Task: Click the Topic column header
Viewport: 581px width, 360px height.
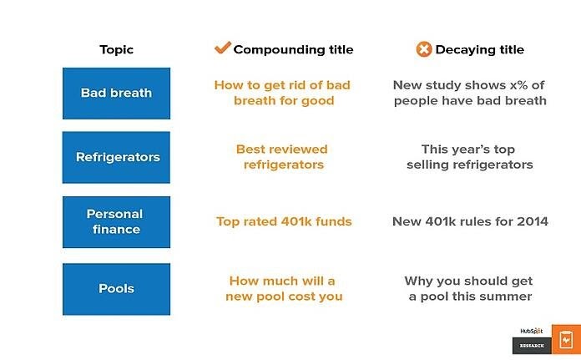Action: click(116, 49)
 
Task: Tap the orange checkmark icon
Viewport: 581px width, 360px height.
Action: click(222, 48)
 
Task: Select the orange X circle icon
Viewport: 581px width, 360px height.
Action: click(424, 49)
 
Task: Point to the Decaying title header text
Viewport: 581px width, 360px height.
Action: click(479, 49)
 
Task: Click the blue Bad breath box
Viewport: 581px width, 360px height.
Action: click(116, 93)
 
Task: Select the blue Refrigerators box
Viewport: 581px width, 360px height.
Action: click(116, 157)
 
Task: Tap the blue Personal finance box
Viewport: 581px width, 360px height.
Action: click(116, 221)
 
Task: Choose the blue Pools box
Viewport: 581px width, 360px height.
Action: click(116, 289)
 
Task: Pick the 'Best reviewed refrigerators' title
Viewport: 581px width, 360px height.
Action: click(282, 157)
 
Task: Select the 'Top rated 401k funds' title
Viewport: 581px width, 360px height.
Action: click(283, 221)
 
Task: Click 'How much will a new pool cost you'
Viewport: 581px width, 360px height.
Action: click(285, 289)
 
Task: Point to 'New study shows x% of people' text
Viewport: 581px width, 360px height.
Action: click(470, 93)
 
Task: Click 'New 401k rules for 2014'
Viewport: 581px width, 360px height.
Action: click(470, 221)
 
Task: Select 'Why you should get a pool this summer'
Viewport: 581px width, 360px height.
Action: click(469, 289)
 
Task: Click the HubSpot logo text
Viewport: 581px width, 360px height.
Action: click(532, 330)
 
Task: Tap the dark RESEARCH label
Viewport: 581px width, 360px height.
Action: click(532, 346)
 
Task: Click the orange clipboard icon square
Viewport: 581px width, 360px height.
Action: click(566, 339)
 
